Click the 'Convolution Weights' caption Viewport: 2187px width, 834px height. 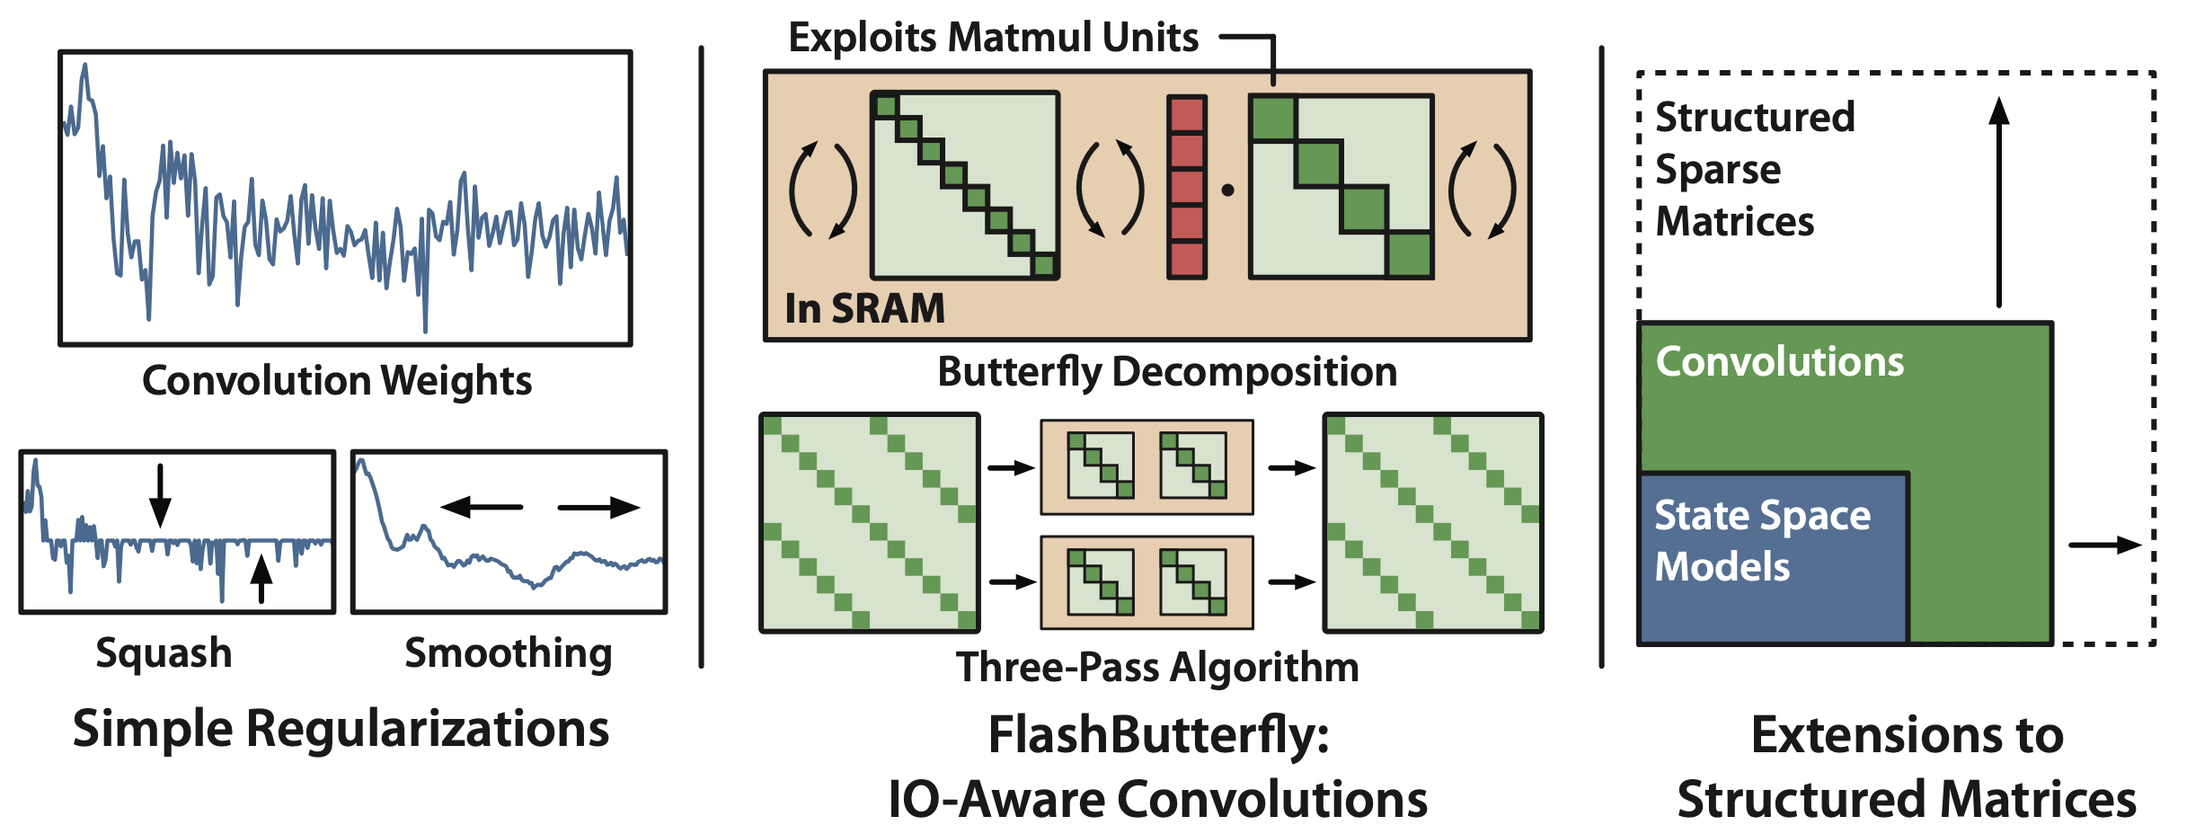pos(337,380)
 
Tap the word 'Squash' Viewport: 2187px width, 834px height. pos(164,652)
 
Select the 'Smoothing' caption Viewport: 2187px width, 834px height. pos(508,652)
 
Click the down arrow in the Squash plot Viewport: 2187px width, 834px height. pos(160,495)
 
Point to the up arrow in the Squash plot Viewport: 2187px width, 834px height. pos(261,579)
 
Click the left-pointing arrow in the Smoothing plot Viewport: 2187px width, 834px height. pos(482,508)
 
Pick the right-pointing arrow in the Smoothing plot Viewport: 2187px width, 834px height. pos(598,508)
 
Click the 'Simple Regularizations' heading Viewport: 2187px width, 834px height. pos(341,728)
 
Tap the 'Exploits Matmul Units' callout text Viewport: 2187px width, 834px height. pos(993,38)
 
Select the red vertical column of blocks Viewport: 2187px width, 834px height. pos(1187,187)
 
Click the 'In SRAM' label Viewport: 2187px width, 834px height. pos(864,308)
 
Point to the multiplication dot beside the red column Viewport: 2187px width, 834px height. pos(1227,190)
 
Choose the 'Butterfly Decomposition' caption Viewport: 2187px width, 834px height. pos(1167,371)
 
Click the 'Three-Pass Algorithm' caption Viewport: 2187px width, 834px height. pos(1157,667)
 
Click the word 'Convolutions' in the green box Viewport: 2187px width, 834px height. pos(1779,361)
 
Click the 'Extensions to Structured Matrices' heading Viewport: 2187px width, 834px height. pos(1907,767)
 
